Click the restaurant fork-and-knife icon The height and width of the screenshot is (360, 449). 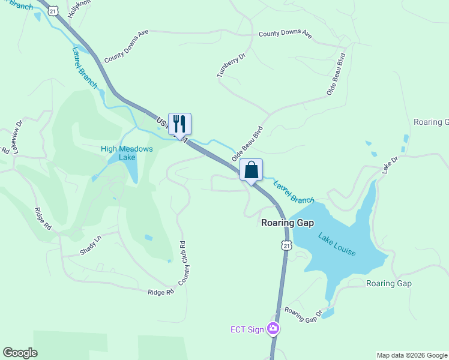tap(179, 124)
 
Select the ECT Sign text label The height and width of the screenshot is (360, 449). tap(247, 329)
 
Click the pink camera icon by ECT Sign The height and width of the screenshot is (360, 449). tap(273, 329)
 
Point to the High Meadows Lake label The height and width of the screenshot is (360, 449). tap(127, 153)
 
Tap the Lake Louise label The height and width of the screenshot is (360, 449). tap(337, 245)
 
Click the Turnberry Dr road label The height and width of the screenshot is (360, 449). tap(232, 65)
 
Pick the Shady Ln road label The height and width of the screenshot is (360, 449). tap(91, 245)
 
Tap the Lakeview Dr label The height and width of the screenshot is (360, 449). tap(17, 135)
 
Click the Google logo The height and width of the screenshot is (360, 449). tap(20, 353)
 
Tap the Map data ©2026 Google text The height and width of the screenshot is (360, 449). tap(412, 355)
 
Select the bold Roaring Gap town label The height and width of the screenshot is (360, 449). tap(288, 223)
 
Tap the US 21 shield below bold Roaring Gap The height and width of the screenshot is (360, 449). tap(286, 245)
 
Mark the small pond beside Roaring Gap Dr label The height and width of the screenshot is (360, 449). tap(328, 313)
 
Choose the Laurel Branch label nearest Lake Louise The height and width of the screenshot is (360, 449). tap(294, 193)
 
